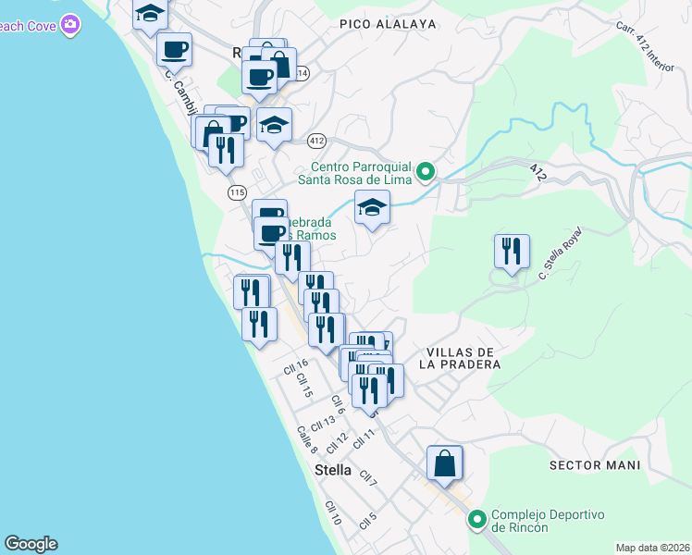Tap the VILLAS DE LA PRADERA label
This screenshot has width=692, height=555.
click(463, 358)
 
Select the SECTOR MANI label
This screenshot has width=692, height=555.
click(593, 464)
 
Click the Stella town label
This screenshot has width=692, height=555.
click(333, 470)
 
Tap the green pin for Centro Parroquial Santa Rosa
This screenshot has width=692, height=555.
click(425, 170)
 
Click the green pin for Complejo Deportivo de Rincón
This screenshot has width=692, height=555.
click(477, 520)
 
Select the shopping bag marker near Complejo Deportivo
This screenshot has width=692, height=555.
click(445, 463)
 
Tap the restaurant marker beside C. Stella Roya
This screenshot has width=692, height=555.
click(511, 252)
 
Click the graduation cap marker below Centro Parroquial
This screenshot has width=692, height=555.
click(372, 208)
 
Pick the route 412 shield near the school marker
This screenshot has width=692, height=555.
click(317, 141)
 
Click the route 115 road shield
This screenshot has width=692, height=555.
click(237, 191)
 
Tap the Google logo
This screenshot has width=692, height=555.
click(31, 544)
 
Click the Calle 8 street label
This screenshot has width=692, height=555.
click(307, 440)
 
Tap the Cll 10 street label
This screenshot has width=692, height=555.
click(333, 513)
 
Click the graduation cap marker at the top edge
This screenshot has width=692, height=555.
click(149, 14)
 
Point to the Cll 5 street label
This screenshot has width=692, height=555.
click(368, 520)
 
